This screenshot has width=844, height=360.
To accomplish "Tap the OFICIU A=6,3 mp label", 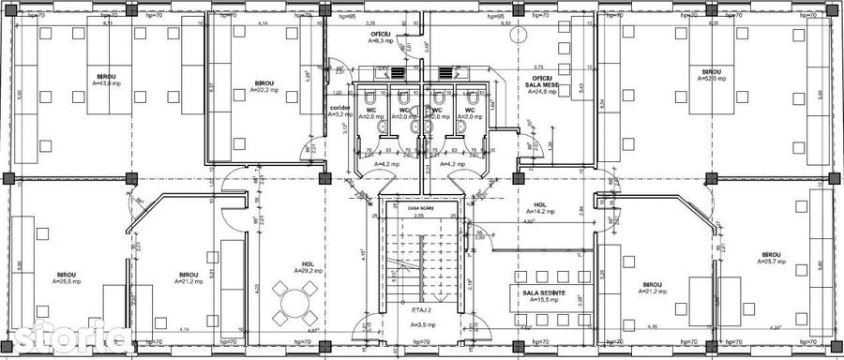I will pos(380,37).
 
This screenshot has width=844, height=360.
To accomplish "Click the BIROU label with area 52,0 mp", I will pos(711,75).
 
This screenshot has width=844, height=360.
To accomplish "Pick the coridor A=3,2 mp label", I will pos(339,111).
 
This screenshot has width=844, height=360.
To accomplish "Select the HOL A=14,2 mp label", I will pos(541,208).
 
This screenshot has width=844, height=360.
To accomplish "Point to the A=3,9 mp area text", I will pos(422,324).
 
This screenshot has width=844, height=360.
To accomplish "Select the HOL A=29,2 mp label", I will pos(308,267).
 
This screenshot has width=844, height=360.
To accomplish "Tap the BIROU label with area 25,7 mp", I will pos(772,258).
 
